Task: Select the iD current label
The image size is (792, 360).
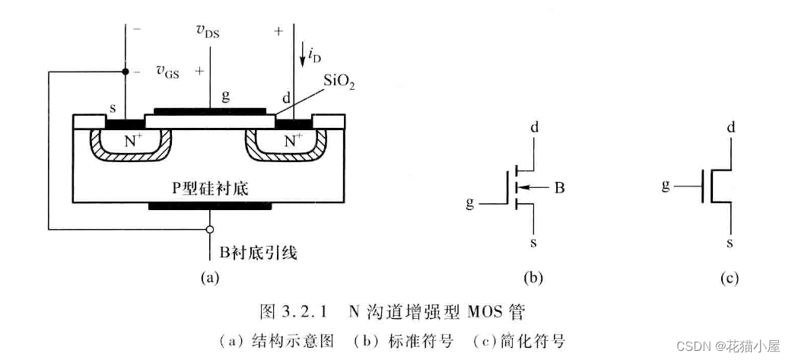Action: tap(313, 54)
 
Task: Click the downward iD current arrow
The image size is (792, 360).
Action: tap(302, 53)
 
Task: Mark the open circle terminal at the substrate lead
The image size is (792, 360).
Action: tap(209, 228)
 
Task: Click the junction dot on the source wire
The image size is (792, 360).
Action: tap(125, 72)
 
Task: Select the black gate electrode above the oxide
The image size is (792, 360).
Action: tap(209, 110)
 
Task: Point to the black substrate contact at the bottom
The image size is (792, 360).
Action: tap(209, 205)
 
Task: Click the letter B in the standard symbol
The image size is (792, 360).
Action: tap(558, 186)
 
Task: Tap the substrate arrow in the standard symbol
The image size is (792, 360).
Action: tap(533, 186)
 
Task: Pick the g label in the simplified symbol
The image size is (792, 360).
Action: tap(666, 185)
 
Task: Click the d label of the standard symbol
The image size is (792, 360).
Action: tap(534, 126)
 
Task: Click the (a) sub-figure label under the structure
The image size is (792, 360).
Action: tap(209, 278)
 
